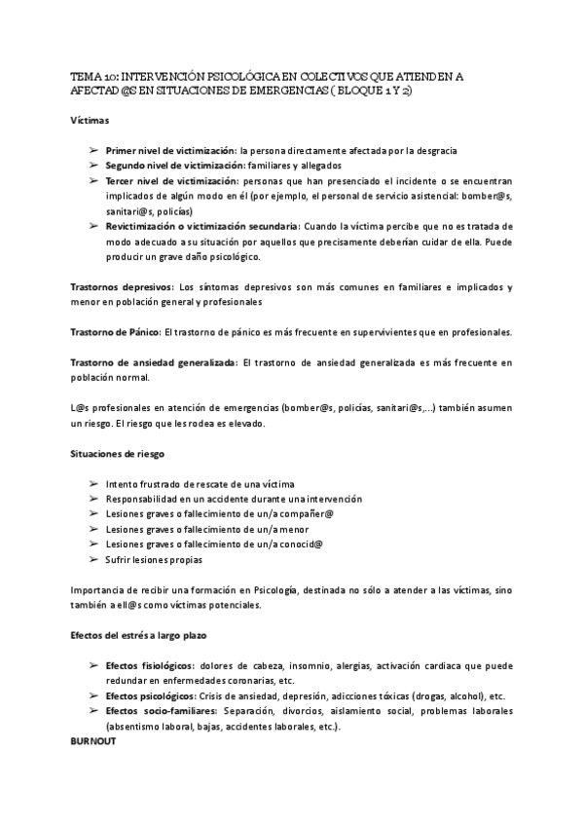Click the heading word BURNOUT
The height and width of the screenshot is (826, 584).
coord(93,741)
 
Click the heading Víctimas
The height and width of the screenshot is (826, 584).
coord(91,120)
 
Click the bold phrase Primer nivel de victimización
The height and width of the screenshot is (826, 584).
coord(170,151)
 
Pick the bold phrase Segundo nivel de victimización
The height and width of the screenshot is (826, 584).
coord(174,166)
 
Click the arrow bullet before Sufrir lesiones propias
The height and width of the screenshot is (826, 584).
coord(92,560)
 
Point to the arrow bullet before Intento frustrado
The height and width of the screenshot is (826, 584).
coord(92,484)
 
